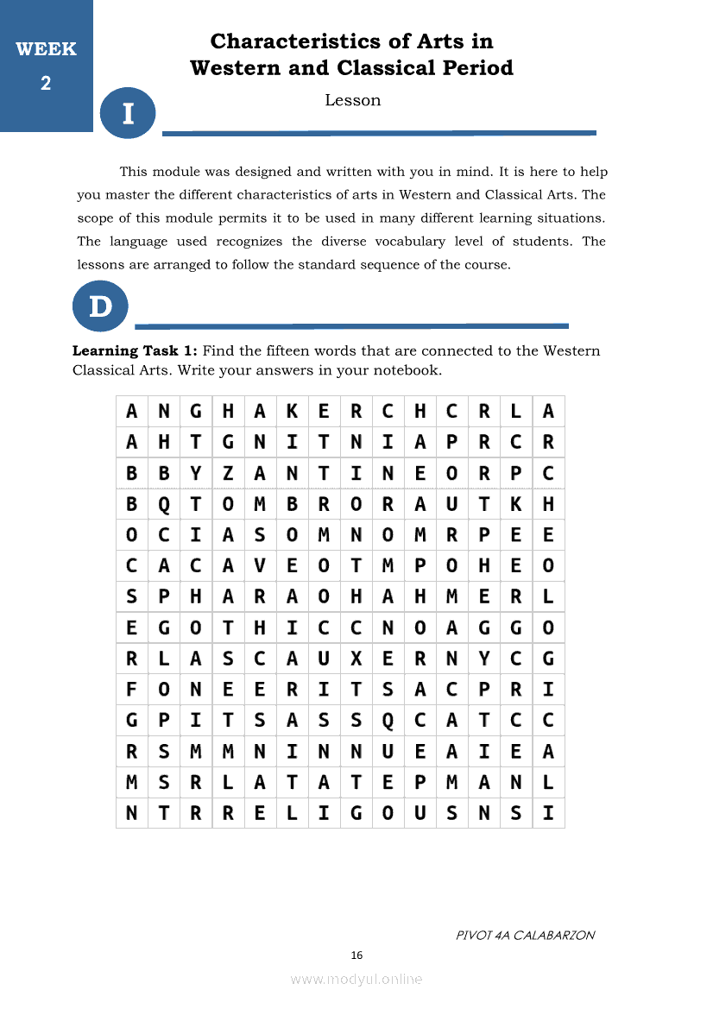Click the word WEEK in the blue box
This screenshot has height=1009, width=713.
tap(46, 49)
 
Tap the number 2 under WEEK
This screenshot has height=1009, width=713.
tap(46, 84)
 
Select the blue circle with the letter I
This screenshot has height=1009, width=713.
tap(128, 113)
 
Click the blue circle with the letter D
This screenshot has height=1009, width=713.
tap(100, 306)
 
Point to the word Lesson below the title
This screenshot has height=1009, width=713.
tap(352, 100)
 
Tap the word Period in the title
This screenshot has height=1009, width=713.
tap(475, 68)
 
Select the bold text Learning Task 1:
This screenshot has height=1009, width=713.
tap(136, 350)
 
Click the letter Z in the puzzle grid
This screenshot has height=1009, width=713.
tap(228, 473)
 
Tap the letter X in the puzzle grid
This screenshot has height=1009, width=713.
tap(356, 659)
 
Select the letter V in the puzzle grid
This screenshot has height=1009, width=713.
tap(260, 566)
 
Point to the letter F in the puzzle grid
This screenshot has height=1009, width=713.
tap(131, 691)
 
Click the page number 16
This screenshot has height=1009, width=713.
tap(356, 955)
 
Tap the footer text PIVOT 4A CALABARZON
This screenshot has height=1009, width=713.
tap(525, 935)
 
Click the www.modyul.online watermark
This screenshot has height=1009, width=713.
tap(356, 979)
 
